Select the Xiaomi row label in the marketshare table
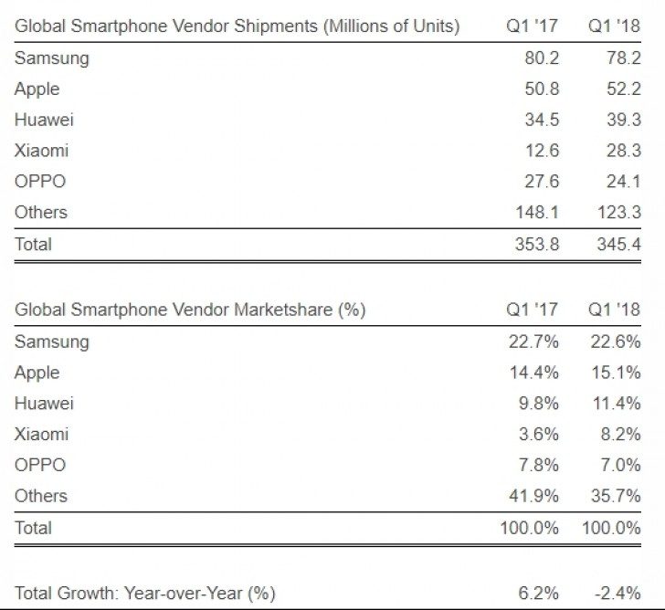(x=42, y=435)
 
